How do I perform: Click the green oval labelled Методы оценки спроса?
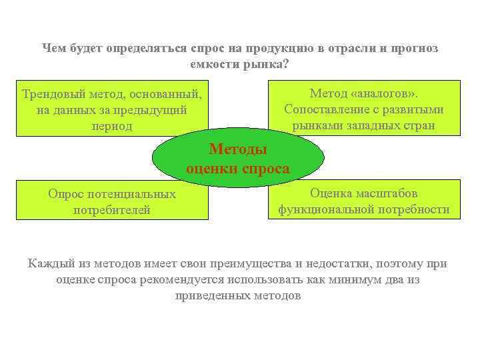coord(238,158)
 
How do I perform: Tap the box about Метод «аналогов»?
coord(363,109)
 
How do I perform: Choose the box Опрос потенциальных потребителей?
coord(112,200)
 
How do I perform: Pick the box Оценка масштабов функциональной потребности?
coord(363,200)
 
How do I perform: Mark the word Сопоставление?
coord(326,109)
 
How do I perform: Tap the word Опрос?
coord(65,194)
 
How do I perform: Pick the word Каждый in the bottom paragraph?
coord(49,263)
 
